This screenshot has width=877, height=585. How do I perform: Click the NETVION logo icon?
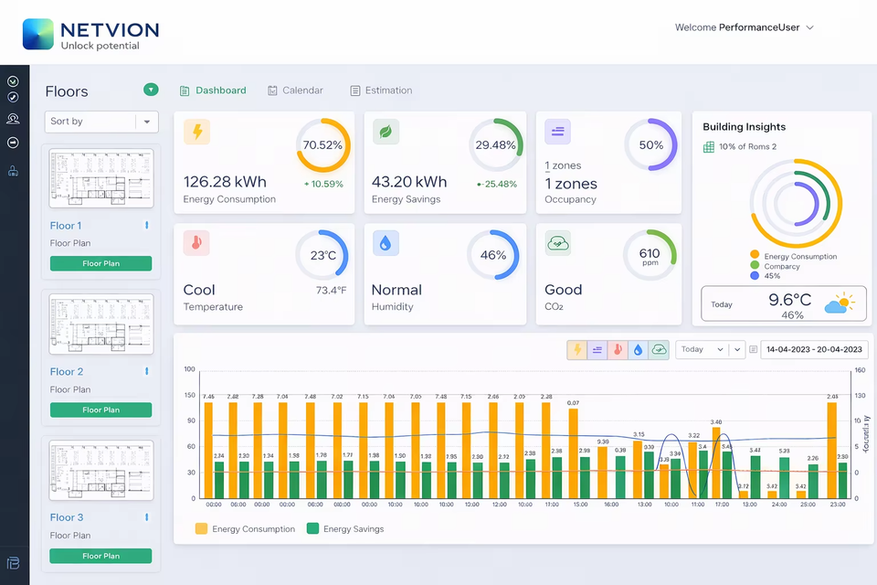pos(38,34)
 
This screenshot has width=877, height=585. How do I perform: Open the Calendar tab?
pos(301,90)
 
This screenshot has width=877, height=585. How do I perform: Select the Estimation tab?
pos(387,90)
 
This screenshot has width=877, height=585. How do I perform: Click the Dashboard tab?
pos(220,90)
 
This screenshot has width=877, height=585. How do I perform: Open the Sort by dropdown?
pos(101,122)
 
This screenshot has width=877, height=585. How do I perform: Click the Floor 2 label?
pos(67,372)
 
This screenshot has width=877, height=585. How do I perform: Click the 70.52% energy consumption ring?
pos(322,145)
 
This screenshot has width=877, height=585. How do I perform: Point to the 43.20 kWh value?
pos(409,182)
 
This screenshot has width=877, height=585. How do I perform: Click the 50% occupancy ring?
pos(650,145)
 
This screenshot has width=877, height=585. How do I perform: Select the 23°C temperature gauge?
pos(322,255)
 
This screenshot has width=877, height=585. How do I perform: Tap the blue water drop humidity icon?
pos(386,243)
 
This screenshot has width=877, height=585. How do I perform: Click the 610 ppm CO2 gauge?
pos(650,255)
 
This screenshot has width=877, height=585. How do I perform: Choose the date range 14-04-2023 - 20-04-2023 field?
pos(813,349)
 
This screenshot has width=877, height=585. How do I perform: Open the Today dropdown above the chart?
pos(701,349)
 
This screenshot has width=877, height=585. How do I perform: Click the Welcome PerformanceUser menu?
pos(744,27)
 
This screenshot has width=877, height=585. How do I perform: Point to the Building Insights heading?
pos(744,127)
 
